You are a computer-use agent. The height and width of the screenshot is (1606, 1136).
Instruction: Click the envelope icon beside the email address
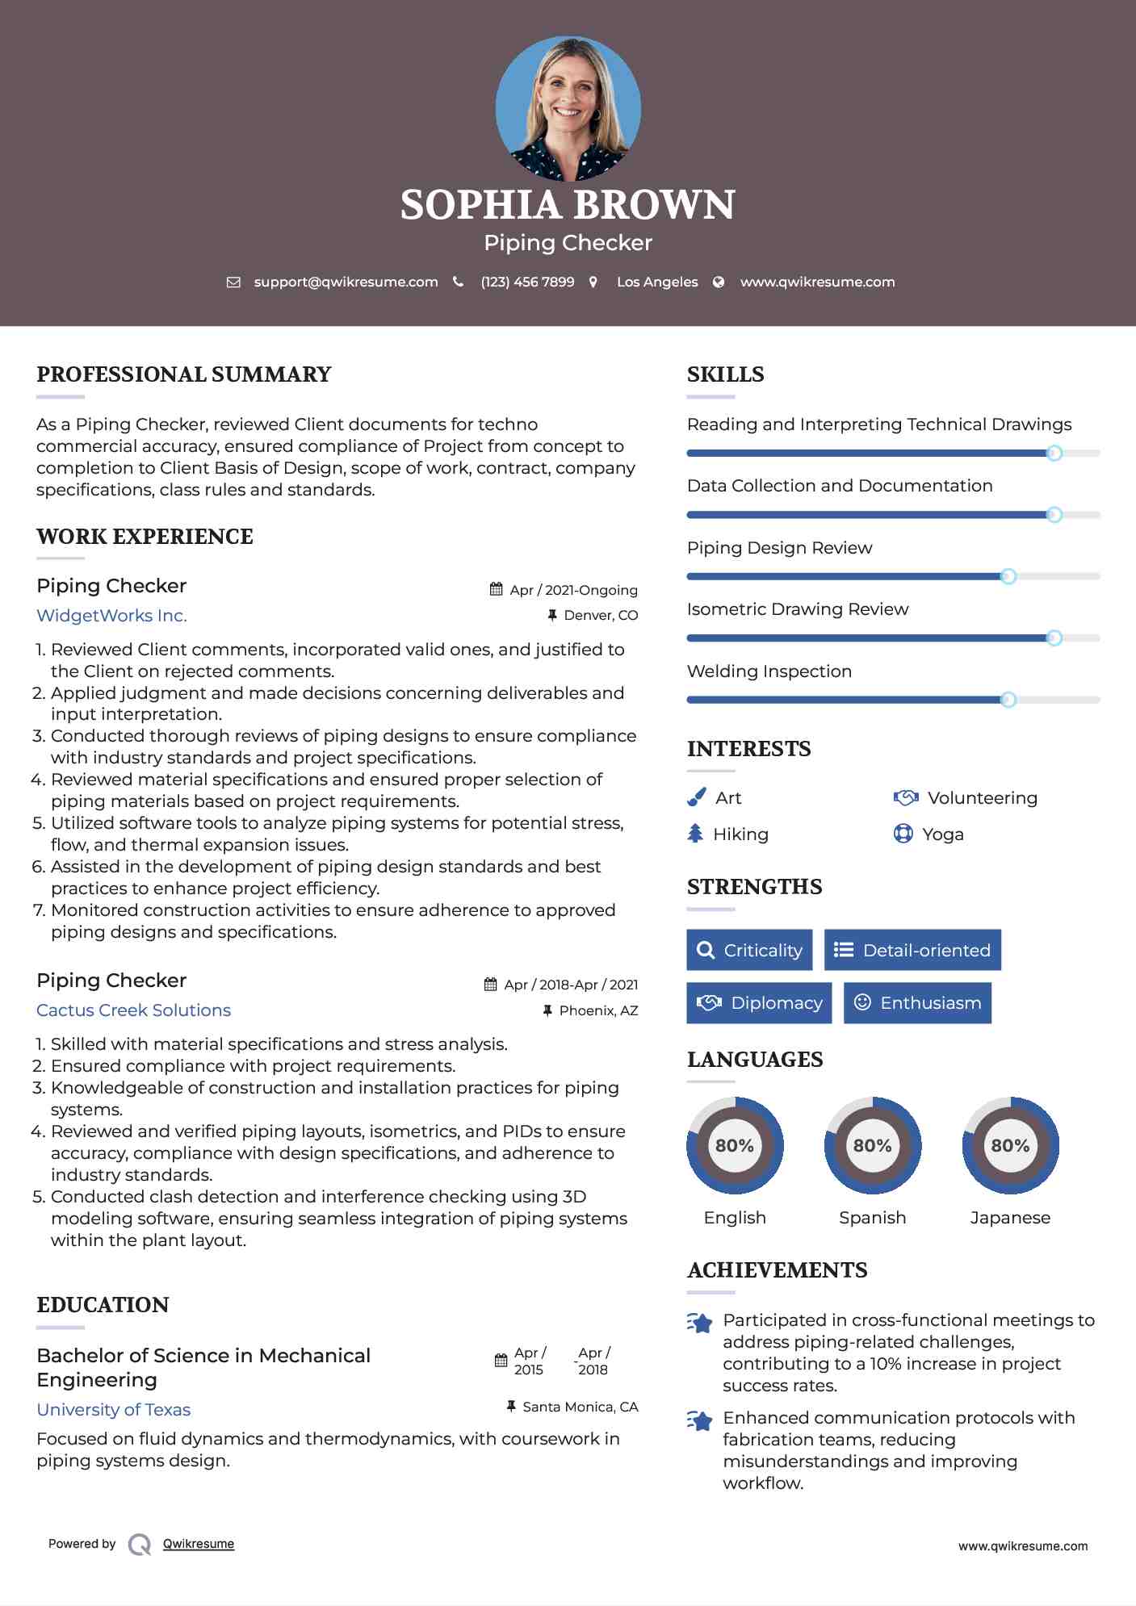coord(233,282)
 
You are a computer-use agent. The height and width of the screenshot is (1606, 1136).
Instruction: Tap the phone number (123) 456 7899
coord(527,282)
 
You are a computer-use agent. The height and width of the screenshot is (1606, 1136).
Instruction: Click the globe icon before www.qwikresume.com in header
coord(719,282)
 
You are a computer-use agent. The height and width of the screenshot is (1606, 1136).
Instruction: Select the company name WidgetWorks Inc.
coord(111,616)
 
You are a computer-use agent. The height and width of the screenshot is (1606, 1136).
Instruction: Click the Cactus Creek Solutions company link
coord(133,1010)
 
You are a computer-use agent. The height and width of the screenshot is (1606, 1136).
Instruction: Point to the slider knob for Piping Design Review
coord(1008,576)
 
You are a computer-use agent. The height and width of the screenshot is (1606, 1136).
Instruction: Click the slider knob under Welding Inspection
coord(1008,700)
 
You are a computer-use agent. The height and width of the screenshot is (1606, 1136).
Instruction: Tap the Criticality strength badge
coord(749,950)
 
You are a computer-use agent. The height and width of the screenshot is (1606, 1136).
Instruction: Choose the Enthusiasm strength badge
coord(917,1003)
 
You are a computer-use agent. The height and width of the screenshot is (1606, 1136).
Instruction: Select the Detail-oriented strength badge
coord(912,950)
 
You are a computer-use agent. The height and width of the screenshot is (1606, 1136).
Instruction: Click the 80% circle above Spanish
coord(872,1145)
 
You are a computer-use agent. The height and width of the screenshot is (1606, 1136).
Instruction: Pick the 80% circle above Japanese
coord(1010,1145)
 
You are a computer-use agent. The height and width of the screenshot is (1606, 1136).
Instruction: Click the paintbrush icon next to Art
coord(696,797)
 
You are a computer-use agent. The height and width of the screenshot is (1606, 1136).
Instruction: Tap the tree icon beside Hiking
coord(695,834)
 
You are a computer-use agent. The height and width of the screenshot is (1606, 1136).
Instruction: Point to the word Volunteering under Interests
coord(982,798)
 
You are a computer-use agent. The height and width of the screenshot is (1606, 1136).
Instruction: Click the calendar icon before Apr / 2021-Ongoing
coord(496,590)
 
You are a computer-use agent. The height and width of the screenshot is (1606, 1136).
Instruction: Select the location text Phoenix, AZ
coord(598,1010)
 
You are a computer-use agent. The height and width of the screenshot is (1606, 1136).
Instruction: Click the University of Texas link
coord(113,1410)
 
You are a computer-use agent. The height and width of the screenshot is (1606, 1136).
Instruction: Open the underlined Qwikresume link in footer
coord(199,1544)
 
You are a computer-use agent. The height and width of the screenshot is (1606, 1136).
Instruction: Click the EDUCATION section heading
coord(103,1305)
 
